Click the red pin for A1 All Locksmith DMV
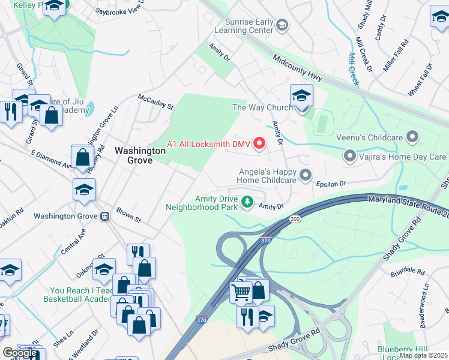(x=259, y=143)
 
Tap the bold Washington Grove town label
(x=140, y=155)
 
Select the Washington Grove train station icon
(x=105, y=216)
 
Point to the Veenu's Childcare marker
(x=412, y=137)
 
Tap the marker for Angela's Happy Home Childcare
(x=306, y=175)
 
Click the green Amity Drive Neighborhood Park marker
(x=247, y=201)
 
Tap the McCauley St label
(x=155, y=102)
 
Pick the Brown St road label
(x=128, y=216)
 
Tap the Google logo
(x=20, y=353)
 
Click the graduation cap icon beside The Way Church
(x=301, y=96)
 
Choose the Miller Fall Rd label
(x=397, y=52)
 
